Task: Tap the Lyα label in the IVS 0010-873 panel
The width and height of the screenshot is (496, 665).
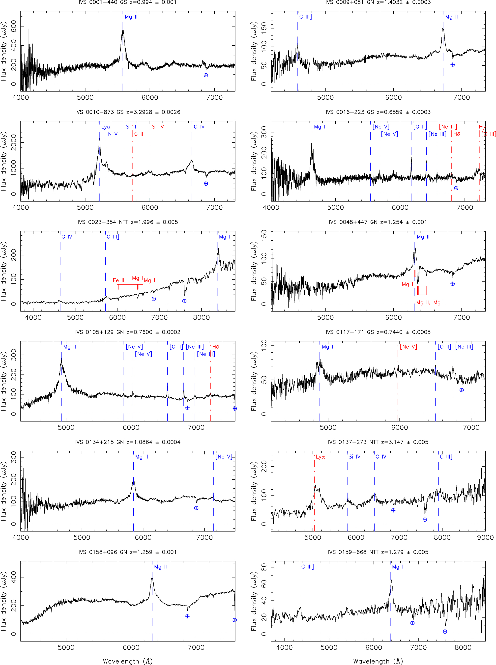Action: (106, 127)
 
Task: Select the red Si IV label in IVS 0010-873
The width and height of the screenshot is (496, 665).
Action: (158, 127)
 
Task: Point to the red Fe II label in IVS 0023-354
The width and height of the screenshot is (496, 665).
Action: (118, 280)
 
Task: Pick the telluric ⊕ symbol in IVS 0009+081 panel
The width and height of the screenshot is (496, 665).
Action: (452, 64)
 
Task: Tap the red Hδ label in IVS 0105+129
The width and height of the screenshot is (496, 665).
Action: (216, 347)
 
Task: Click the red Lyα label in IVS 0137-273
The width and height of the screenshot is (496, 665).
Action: (320, 457)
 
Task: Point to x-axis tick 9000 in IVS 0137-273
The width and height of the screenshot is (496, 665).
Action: (485, 537)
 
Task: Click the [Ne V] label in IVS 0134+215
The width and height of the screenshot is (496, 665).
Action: (224, 457)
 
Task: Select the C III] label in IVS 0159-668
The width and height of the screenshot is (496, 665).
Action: (307, 567)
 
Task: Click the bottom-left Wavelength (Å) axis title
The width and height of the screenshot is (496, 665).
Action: (128, 661)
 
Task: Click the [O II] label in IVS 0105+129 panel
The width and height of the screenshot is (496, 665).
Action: (176, 347)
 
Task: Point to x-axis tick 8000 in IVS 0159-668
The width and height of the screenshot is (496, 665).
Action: (463, 647)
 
